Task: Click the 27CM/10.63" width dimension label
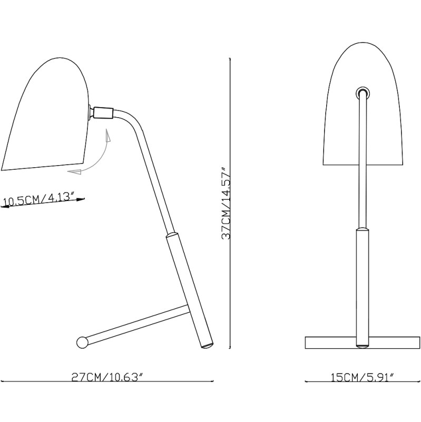click(x=107, y=377)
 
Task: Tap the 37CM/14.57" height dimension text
click(x=225, y=204)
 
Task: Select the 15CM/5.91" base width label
click(x=363, y=378)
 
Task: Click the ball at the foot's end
click(x=82, y=342)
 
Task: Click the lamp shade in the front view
click(x=363, y=103)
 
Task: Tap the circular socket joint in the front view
click(x=363, y=93)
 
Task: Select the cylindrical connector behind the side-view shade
click(x=103, y=112)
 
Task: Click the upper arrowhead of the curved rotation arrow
click(x=108, y=136)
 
